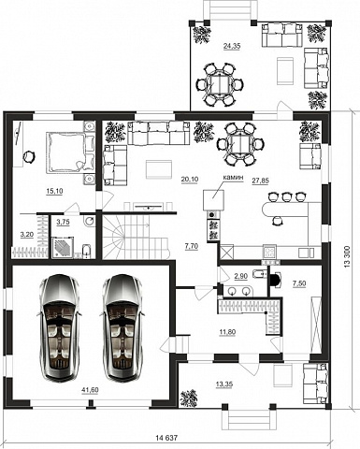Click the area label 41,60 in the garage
click(90, 389)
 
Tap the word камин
click(233, 177)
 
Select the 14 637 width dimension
click(166, 438)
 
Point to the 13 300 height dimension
click(348, 256)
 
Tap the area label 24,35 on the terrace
click(232, 46)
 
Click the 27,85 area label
click(260, 181)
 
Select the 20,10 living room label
click(190, 179)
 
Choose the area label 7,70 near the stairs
click(192, 246)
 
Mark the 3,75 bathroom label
click(63, 222)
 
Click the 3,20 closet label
click(27, 235)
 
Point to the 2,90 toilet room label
click(240, 276)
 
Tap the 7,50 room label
click(299, 283)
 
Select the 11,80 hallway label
click(227, 332)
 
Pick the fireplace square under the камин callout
click(213, 200)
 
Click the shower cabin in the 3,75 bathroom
click(63, 248)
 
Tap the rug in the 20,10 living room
click(159, 169)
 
